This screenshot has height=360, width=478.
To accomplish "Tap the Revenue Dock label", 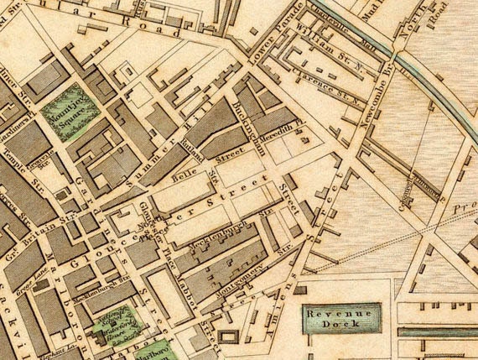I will point(340,317).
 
